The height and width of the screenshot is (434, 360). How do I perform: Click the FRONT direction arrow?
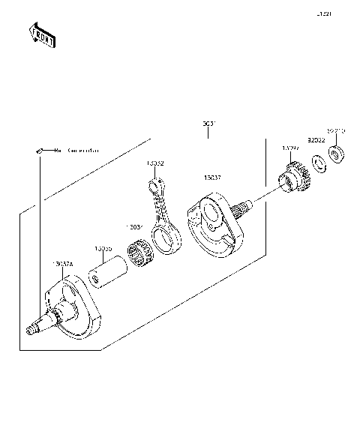(42, 35)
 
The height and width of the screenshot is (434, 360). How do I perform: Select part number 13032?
(155, 163)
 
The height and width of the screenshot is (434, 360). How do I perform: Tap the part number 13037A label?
(64, 264)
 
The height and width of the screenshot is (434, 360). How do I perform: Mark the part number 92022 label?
(316, 139)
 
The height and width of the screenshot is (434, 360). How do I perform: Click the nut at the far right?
(336, 155)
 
